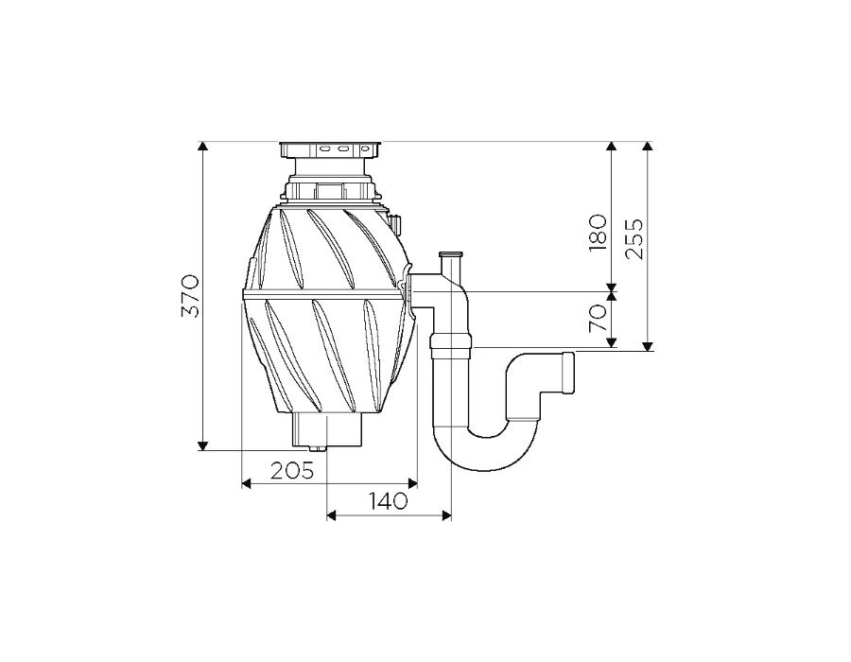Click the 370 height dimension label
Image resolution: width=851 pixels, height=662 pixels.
click(x=191, y=296)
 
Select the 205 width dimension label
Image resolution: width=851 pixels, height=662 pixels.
click(x=292, y=470)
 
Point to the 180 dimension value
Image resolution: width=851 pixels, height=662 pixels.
click(x=597, y=233)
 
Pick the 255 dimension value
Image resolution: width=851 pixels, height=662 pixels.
click(x=634, y=238)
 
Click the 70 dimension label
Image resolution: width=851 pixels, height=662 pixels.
click(x=597, y=318)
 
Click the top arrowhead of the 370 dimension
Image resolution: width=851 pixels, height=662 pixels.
click(x=202, y=147)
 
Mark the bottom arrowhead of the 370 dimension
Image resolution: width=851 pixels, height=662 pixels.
click(x=202, y=444)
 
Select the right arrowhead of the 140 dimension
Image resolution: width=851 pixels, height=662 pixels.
click(x=446, y=515)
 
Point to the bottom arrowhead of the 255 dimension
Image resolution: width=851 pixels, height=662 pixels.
click(x=647, y=345)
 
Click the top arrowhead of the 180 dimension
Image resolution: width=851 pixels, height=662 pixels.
click(x=612, y=147)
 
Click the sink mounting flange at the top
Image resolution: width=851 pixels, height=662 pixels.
click(x=331, y=149)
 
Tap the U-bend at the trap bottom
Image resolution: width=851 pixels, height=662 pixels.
click(x=485, y=447)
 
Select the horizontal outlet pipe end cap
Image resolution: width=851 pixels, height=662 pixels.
click(x=567, y=373)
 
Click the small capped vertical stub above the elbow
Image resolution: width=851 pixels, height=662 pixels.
click(x=451, y=263)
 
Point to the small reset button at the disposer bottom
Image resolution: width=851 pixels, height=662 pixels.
click(x=317, y=449)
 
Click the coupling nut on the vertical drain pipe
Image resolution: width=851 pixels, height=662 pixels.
click(x=451, y=345)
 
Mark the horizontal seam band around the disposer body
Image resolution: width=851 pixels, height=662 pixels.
click(x=324, y=293)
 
